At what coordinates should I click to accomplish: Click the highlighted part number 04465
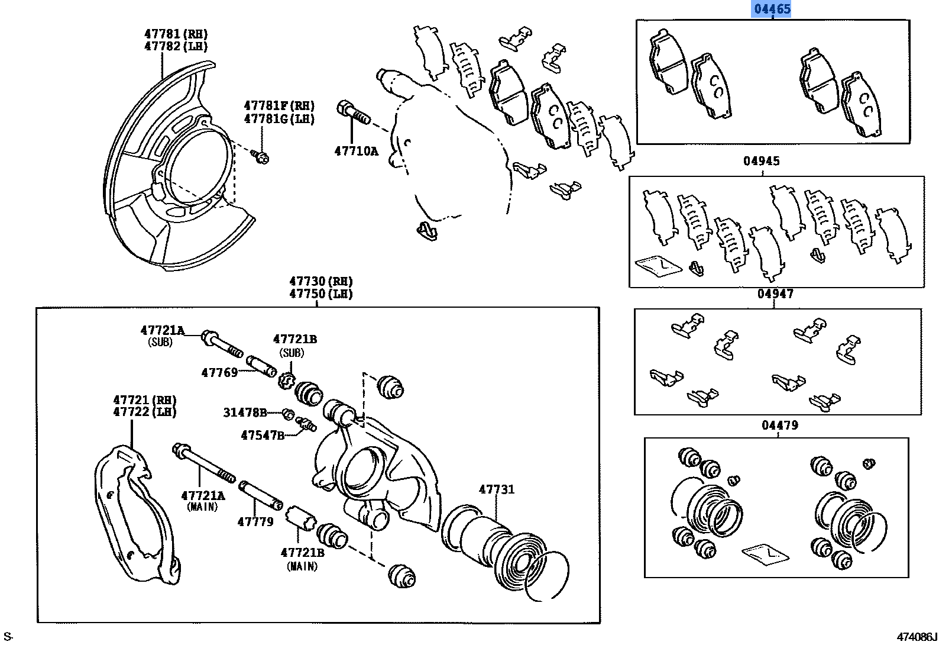(771, 9)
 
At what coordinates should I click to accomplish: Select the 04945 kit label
(762, 161)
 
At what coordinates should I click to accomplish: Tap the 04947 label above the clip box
(775, 294)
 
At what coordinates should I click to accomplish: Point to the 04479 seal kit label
(779, 425)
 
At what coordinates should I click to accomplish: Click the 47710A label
(355, 150)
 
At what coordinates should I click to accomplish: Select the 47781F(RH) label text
(279, 106)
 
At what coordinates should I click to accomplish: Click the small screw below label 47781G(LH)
(261, 157)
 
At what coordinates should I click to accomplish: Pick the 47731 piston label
(496, 489)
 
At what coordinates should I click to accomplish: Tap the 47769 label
(219, 372)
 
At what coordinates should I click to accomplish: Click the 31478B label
(245, 412)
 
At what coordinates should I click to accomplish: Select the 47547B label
(262, 436)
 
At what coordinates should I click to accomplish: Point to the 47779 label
(255, 521)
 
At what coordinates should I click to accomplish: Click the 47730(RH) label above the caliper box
(320, 281)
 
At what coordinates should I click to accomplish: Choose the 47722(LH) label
(145, 412)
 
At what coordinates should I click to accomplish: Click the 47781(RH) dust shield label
(176, 34)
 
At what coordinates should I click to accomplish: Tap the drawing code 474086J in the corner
(917, 637)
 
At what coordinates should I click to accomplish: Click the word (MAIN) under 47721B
(302, 566)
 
